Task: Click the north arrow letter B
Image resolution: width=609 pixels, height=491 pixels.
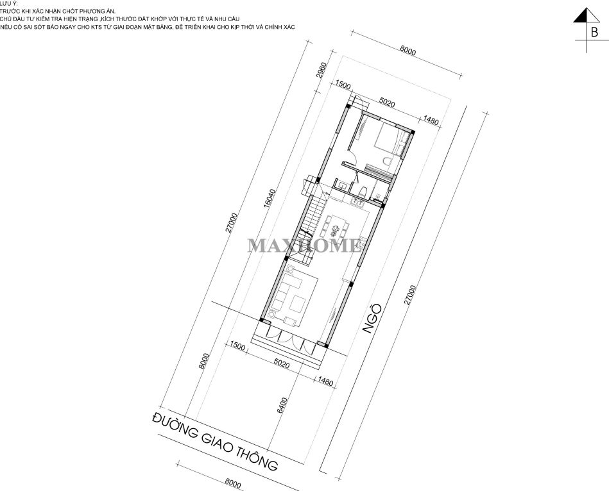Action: pyautogui.click(x=594, y=32)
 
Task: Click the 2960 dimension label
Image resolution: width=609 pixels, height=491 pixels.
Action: pyautogui.click(x=322, y=71)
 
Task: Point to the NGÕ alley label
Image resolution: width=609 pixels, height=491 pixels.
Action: pyautogui.click(x=372, y=319)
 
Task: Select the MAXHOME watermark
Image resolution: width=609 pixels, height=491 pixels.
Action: pyautogui.click(x=304, y=246)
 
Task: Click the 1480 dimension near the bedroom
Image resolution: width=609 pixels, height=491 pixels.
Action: pyautogui.click(x=431, y=121)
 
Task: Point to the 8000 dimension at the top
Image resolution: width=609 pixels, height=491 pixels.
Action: pyautogui.click(x=407, y=51)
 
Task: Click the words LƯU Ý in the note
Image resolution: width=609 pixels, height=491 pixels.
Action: pyautogui.click(x=6, y=3)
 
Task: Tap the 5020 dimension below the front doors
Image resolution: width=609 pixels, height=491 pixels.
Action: pyautogui.click(x=282, y=364)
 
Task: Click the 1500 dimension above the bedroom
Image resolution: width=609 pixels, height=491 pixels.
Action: pyautogui.click(x=343, y=86)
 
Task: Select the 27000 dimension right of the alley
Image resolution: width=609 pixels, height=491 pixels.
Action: pyautogui.click(x=411, y=295)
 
